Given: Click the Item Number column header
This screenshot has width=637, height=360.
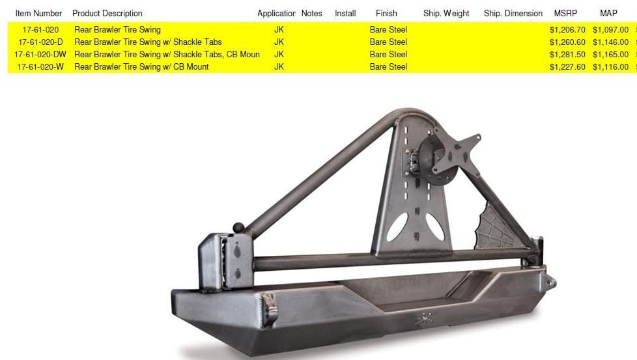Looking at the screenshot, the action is click(x=38, y=14).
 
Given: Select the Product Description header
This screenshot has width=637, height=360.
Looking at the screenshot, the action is click(x=107, y=14).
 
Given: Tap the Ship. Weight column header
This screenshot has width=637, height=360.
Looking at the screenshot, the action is click(x=446, y=14).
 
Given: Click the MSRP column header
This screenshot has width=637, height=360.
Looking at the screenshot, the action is click(x=565, y=14).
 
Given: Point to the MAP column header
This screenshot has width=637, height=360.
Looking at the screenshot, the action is click(x=608, y=14).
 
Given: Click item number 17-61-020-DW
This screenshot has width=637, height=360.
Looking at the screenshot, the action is click(x=40, y=55).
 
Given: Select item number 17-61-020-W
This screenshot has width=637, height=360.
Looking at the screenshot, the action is click(x=40, y=66).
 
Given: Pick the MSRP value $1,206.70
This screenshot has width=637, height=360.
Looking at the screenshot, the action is click(x=567, y=30).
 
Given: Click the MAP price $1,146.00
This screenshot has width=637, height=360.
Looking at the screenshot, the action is click(x=610, y=42).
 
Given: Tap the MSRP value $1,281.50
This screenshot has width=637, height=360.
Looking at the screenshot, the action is click(x=567, y=55).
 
